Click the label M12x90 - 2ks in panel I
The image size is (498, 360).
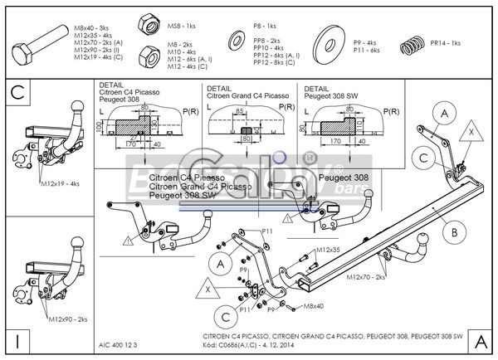[66, 319]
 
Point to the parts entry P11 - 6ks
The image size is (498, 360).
[366, 50]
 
